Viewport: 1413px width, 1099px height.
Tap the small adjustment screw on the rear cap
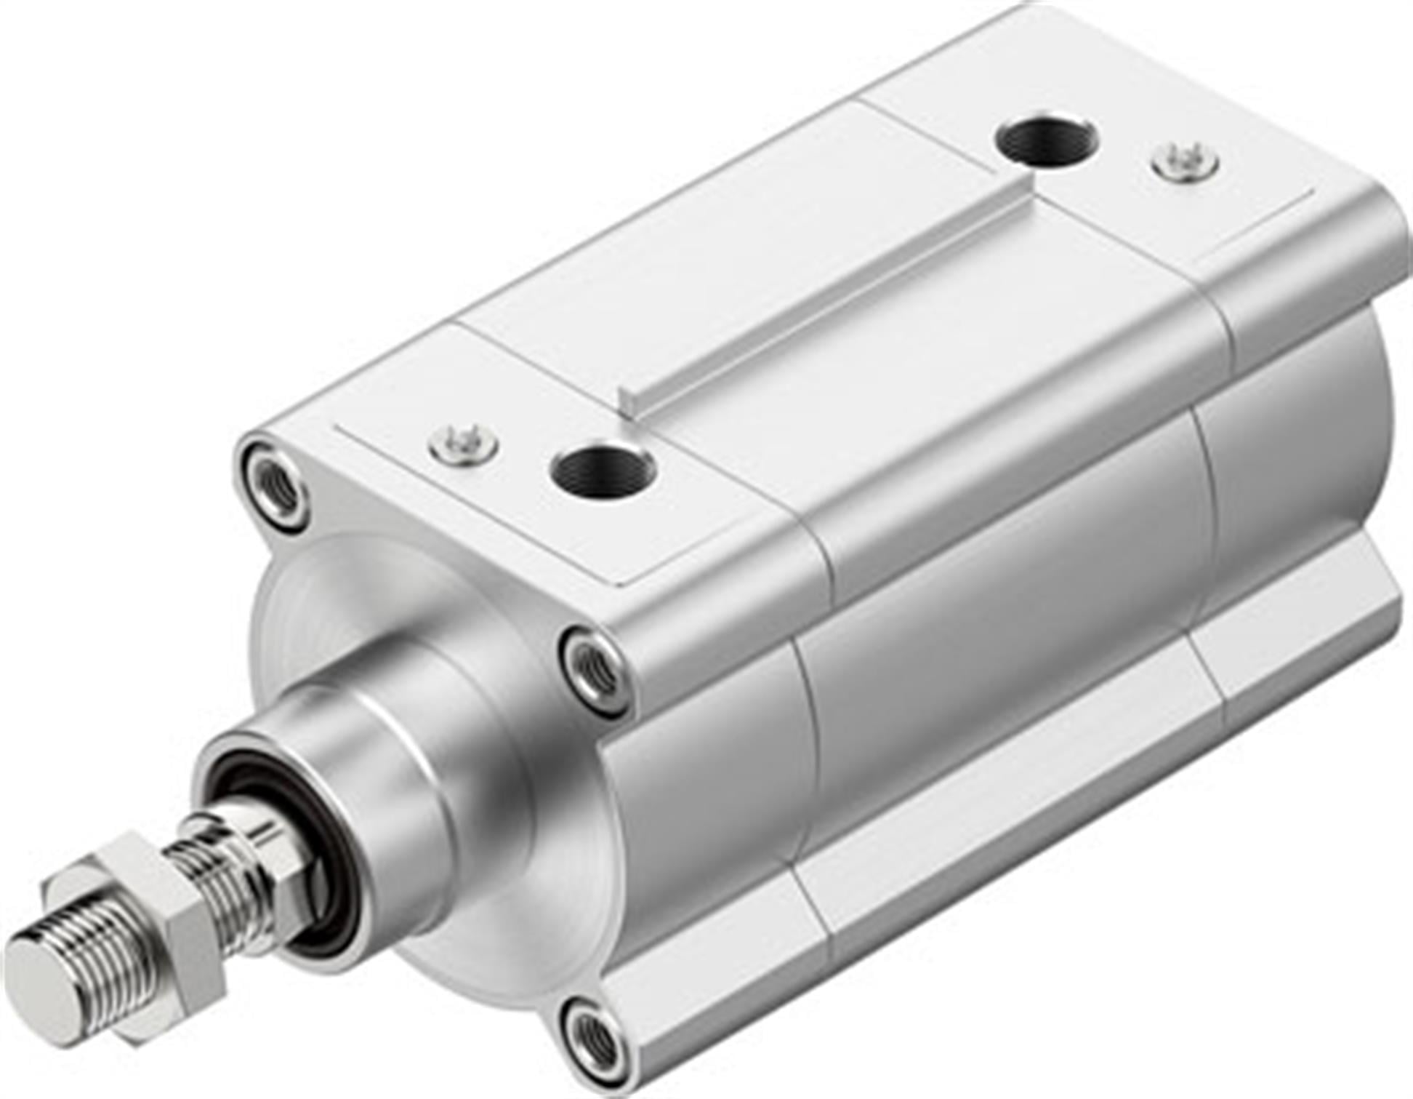coord(1185,161)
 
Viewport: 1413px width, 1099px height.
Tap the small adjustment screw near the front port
coord(463,442)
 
